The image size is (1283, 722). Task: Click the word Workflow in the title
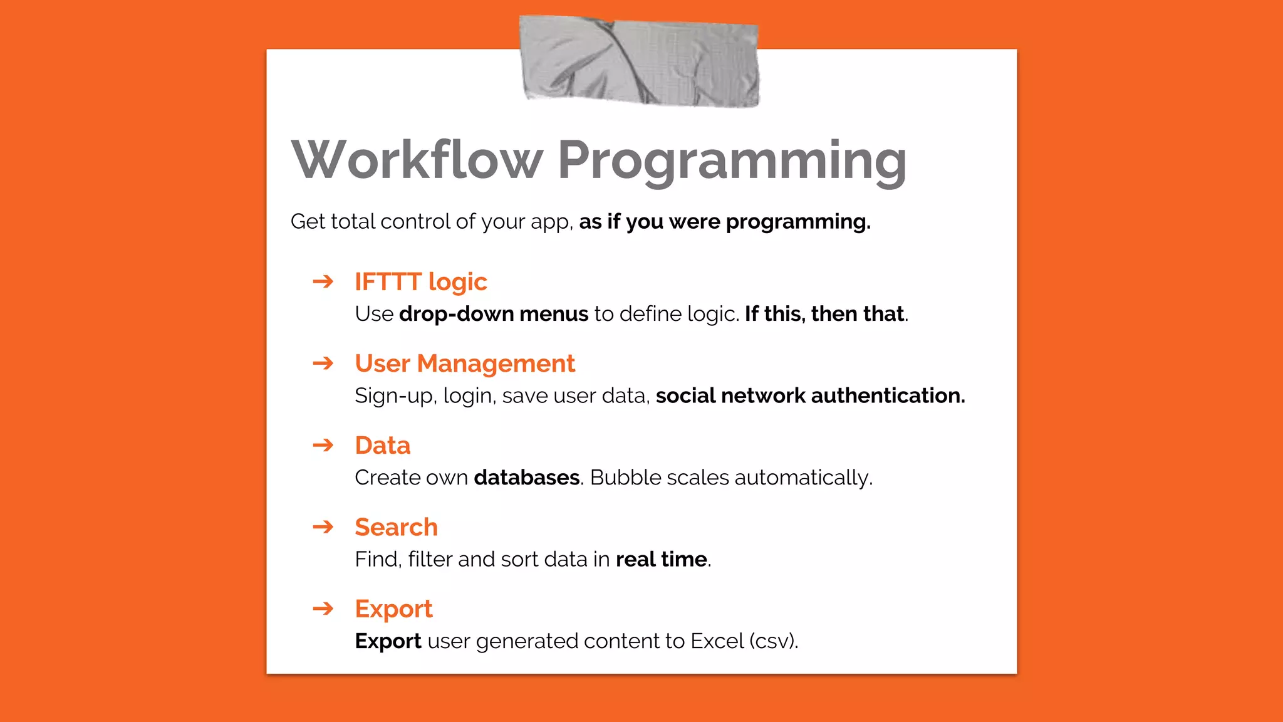pos(417,160)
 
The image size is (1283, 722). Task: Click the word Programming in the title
pos(732,162)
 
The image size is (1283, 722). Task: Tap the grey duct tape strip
pos(639,61)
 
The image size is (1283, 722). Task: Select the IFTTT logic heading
pos(420,282)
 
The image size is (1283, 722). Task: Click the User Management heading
pos(464,364)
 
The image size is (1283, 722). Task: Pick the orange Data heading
pos(382,446)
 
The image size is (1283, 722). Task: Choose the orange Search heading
pos(396,527)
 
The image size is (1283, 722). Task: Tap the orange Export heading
pos(393,609)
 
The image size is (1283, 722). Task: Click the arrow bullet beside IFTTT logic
pos(323,281)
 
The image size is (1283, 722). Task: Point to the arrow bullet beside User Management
pos(323,363)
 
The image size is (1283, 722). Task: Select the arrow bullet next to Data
pos(323,445)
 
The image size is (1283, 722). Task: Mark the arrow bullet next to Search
pos(323,526)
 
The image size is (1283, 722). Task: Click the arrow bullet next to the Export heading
pos(323,608)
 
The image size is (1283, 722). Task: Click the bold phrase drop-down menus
pos(494,314)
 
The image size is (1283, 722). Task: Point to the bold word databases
pos(526,478)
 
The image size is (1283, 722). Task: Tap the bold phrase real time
pos(661,559)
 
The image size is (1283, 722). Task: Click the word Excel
pos(717,641)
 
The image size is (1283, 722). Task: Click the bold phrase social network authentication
pos(810,395)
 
